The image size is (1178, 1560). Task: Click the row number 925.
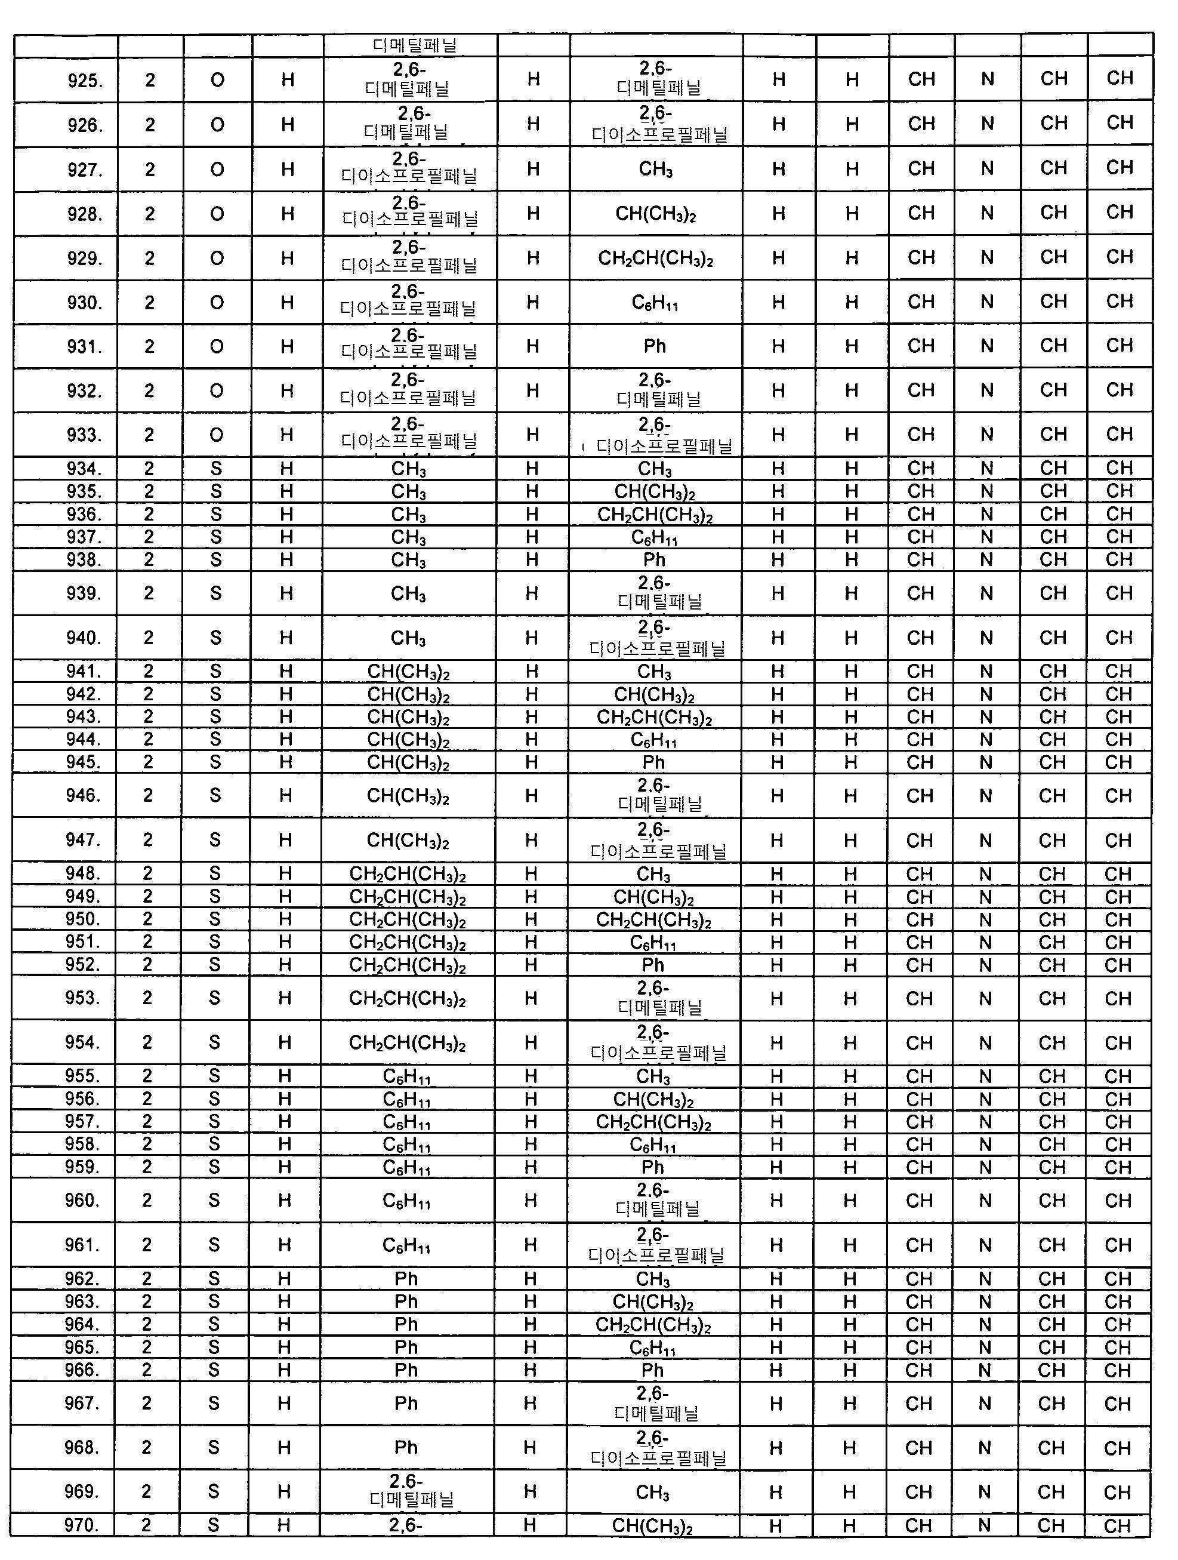pyautogui.click(x=85, y=81)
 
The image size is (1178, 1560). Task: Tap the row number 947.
pyautogui.click(x=82, y=840)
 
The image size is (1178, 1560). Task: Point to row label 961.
pyautogui.click(x=82, y=1245)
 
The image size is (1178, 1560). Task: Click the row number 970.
pyautogui.click(x=81, y=1525)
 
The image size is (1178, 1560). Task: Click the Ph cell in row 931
pyautogui.click(x=654, y=346)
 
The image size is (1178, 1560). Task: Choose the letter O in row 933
pyautogui.click(x=217, y=435)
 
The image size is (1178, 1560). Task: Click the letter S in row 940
pyautogui.click(x=215, y=638)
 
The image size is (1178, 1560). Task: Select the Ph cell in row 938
pyautogui.click(x=653, y=560)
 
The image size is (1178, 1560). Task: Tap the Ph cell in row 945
pyautogui.click(x=653, y=762)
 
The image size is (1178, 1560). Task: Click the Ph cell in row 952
pyautogui.click(x=652, y=965)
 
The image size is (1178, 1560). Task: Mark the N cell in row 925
pyautogui.click(x=987, y=79)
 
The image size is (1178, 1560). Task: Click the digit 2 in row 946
pyautogui.click(x=148, y=795)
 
